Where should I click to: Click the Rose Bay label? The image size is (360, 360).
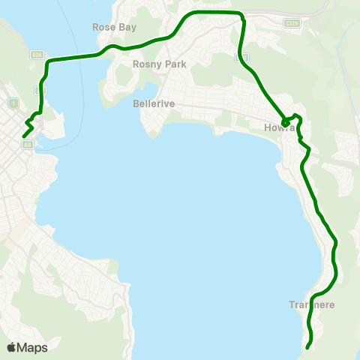[114, 27]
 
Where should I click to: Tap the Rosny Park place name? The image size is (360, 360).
[159, 64]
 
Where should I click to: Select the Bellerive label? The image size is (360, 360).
[154, 103]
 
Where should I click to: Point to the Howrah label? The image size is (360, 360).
[276, 127]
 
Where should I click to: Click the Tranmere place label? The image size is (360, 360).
[311, 304]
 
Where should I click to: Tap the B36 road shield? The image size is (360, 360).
[37, 55]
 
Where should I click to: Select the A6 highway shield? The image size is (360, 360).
[28, 145]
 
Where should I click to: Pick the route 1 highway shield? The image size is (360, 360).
[13, 102]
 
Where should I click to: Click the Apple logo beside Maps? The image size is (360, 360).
[11, 347]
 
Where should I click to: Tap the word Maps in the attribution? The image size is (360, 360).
[32, 347]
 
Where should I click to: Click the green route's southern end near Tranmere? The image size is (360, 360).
[308, 346]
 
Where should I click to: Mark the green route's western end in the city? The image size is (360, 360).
[25, 135]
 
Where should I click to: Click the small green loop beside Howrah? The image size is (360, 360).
[286, 121]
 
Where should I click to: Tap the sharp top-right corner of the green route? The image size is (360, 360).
[241, 13]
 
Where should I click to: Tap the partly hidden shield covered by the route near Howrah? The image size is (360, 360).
[240, 58]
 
